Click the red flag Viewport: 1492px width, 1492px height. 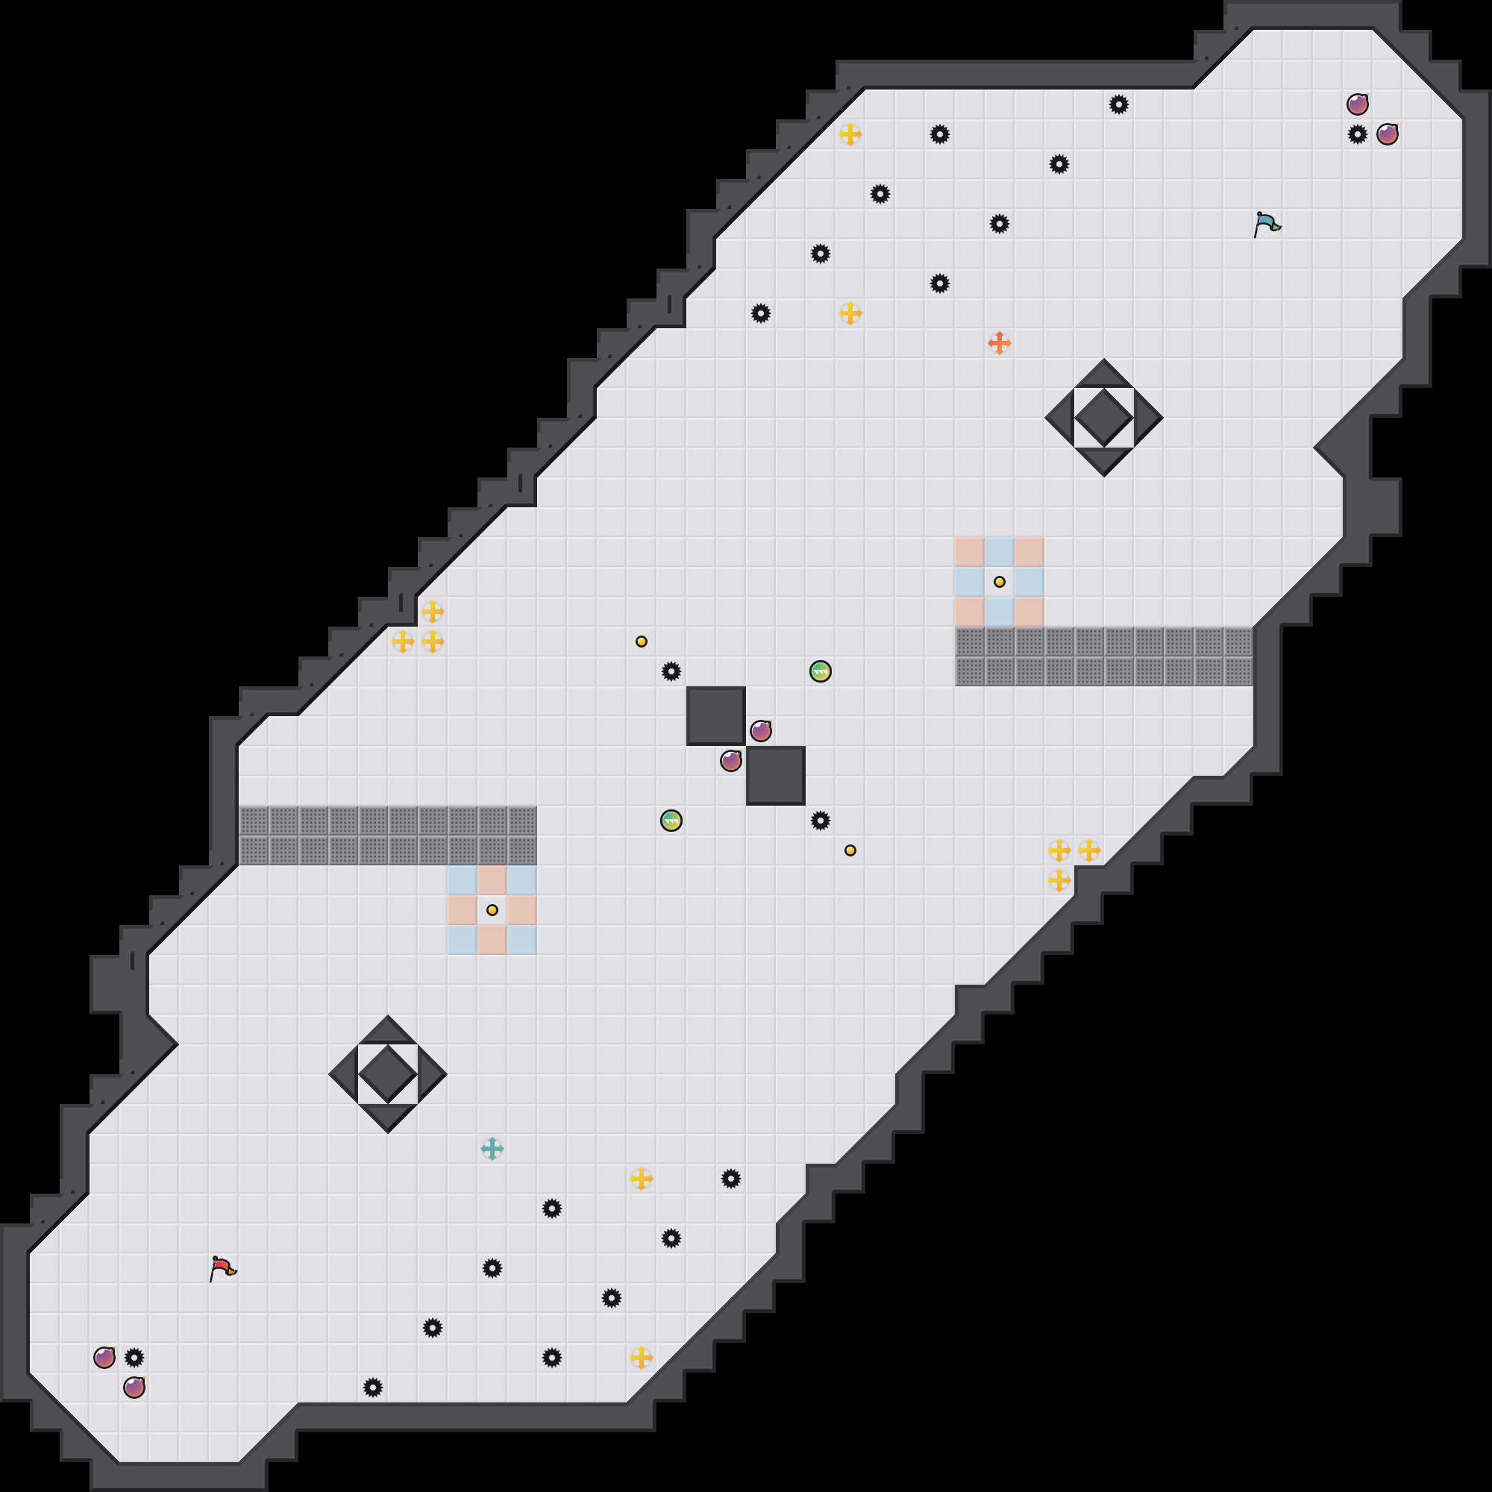point(222,1268)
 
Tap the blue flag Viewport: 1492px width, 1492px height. point(1267,224)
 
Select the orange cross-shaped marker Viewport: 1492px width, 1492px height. point(1000,343)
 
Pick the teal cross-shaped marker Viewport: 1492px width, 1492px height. point(492,1149)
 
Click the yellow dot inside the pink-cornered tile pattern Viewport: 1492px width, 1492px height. point(1000,582)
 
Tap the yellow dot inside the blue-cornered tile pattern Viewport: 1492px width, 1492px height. point(492,909)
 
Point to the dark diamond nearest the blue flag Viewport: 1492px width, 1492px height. point(1103,418)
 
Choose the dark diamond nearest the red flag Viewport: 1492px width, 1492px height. point(388,1073)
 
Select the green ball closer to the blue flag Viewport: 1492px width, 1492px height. point(820,671)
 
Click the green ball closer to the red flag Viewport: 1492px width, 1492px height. point(671,820)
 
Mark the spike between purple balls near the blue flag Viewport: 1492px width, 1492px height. point(1358,134)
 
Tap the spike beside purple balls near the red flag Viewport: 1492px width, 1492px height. point(134,1358)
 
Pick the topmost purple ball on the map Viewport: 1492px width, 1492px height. point(1358,104)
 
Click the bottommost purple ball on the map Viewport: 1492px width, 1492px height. point(134,1387)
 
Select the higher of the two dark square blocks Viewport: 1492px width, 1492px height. point(716,716)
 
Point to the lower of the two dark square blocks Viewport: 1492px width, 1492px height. point(775,775)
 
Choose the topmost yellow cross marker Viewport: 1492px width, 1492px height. point(850,134)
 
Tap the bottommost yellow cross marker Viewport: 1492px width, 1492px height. point(641,1358)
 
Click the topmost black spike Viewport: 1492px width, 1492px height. point(1119,104)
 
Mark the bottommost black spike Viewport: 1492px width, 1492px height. point(373,1388)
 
